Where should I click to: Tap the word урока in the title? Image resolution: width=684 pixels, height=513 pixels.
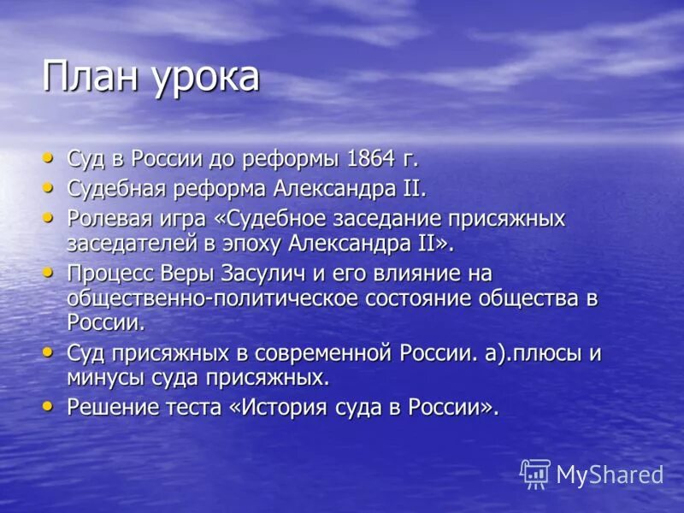point(205,80)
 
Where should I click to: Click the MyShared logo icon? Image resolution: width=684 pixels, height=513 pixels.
point(535,474)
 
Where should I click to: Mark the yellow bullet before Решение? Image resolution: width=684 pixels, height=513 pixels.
point(48,405)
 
